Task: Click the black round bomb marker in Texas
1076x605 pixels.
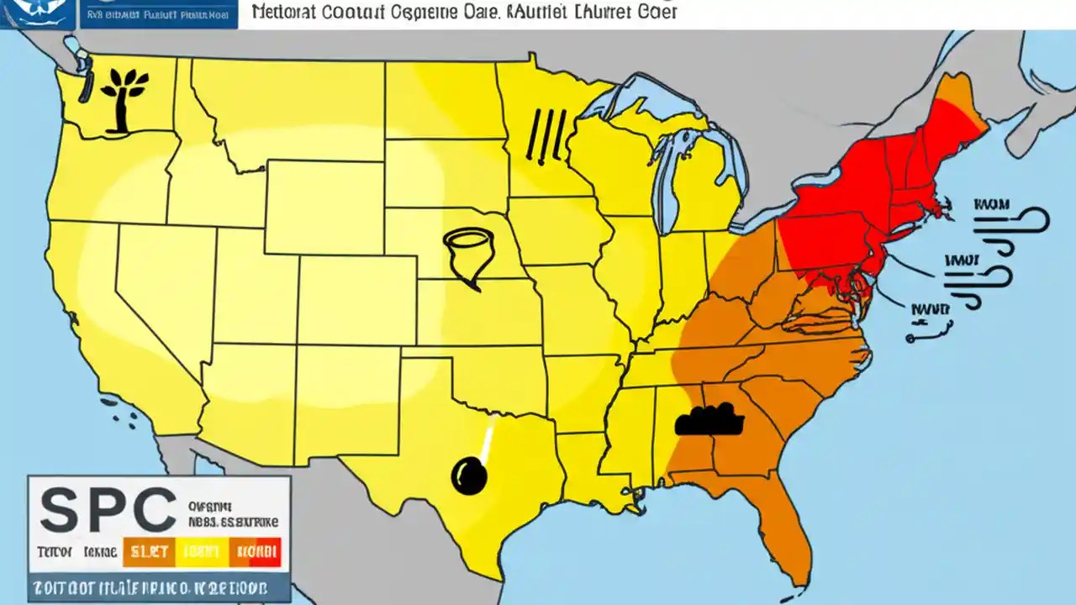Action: pyautogui.click(x=469, y=476)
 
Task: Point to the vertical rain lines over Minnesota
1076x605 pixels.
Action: pyautogui.click(x=544, y=134)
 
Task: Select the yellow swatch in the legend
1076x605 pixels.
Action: pyautogui.click(x=202, y=551)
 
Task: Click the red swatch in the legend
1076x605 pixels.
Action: pyautogui.click(x=256, y=551)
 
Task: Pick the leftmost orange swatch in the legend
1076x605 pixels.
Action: pyautogui.click(x=149, y=551)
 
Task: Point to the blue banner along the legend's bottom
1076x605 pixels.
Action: pyautogui.click(x=160, y=587)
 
